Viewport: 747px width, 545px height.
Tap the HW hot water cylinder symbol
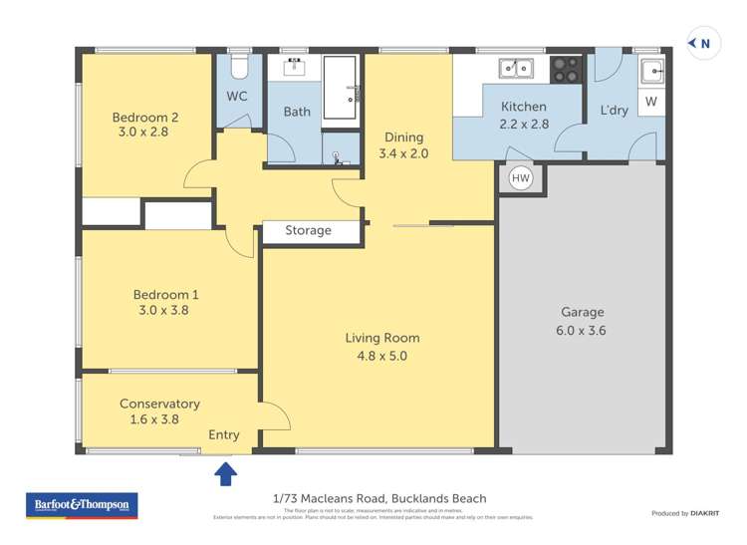[x=520, y=178]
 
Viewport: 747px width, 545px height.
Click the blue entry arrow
[x=226, y=473]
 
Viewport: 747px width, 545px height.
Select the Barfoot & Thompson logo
[x=82, y=505]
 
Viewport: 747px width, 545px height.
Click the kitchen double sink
[x=515, y=69]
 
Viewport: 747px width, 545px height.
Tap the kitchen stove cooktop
[x=567, y=69]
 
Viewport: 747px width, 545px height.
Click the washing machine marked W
[x=650, y=101]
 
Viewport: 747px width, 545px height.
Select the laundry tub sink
[x=651, y=71]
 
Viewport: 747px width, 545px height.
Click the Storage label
[x=308, y=230]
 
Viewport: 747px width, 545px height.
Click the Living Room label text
[x=381, y=338]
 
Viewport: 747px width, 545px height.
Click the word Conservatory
[x=159, y=404]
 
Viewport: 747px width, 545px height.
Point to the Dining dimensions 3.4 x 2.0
[x=401, y=153]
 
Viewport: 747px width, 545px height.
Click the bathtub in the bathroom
[x=340, y=90]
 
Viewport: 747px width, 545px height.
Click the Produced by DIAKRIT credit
[x=684, y=513]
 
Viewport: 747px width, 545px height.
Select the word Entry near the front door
[x=224, y=434]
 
